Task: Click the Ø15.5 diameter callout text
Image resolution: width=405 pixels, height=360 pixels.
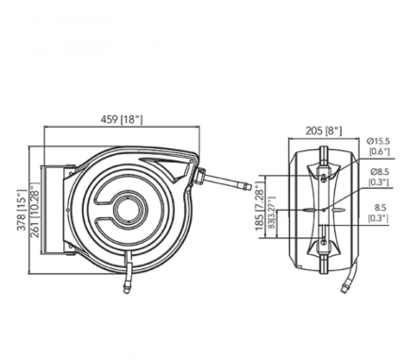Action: pyautogui.click(x=379, y=142)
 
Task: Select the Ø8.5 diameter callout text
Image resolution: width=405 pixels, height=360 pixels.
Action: pyautogui.click(x=378, y=172)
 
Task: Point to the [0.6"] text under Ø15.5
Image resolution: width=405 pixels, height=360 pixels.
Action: pyautogui.click(x=379, y=152)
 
